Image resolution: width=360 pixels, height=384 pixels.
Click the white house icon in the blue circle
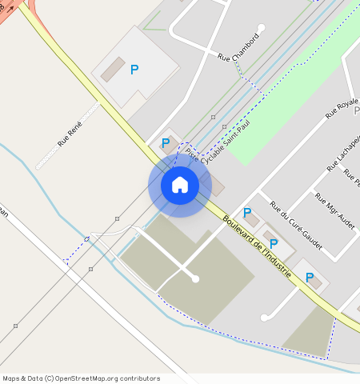click(x=180, y=185)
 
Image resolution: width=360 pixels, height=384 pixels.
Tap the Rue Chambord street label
click(x=238, y=47)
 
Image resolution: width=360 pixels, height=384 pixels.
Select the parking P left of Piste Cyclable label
click(x=166, y=143)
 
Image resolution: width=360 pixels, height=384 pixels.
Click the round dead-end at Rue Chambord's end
click(x=261, y=28)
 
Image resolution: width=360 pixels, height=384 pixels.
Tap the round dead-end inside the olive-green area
click(x=195, y=278)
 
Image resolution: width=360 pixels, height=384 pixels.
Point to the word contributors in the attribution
click(x=141, y=378)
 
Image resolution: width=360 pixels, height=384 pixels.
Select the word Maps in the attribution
click(x=12, y=378)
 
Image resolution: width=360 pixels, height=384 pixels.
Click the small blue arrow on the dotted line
click(x=86, y=239)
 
